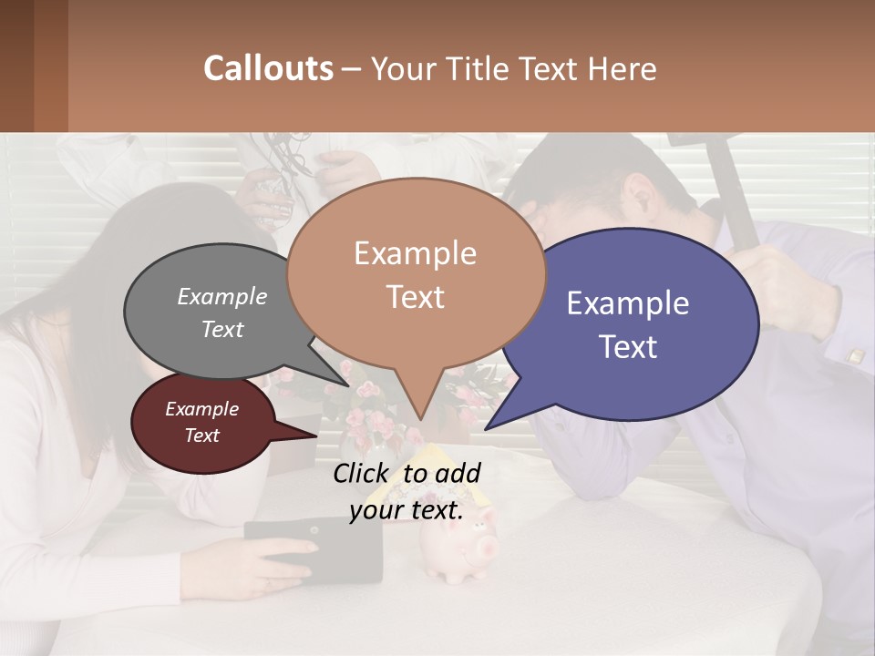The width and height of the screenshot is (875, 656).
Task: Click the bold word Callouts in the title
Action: (268, 68)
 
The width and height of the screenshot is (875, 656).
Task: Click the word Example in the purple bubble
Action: (628, 302)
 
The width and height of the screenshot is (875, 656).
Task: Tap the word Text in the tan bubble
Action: (415, 297)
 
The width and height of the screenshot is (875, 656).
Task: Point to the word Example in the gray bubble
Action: (222, 296)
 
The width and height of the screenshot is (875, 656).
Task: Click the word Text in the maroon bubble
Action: (201, 436)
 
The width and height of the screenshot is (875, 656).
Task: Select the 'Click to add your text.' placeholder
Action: (407, 492)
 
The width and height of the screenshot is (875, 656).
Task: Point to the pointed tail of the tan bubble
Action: (417, 415)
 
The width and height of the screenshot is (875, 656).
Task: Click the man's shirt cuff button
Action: (855, 355)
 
